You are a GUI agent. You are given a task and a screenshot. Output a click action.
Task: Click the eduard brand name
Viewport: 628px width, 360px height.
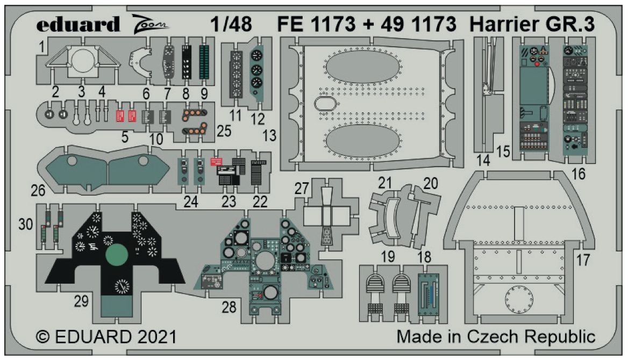click(x=78, y=24)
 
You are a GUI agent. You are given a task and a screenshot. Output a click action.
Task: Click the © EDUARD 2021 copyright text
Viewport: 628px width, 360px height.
click(x=106, y=337)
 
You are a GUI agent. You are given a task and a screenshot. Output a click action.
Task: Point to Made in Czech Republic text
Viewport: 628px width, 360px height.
click(x=496, y=337)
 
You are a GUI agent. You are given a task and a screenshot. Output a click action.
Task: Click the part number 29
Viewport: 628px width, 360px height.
click(x=81, y=302)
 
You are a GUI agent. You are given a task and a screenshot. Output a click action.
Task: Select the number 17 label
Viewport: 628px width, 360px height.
click(x=583, y=260)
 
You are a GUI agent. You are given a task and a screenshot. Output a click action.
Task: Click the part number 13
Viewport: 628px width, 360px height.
click(x=269, y=136)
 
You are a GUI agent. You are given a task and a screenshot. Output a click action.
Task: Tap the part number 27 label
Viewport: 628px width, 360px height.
click(x=302, y=189)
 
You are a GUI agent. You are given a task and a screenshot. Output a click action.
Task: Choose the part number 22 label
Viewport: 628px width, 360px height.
click(x=260, y=202)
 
